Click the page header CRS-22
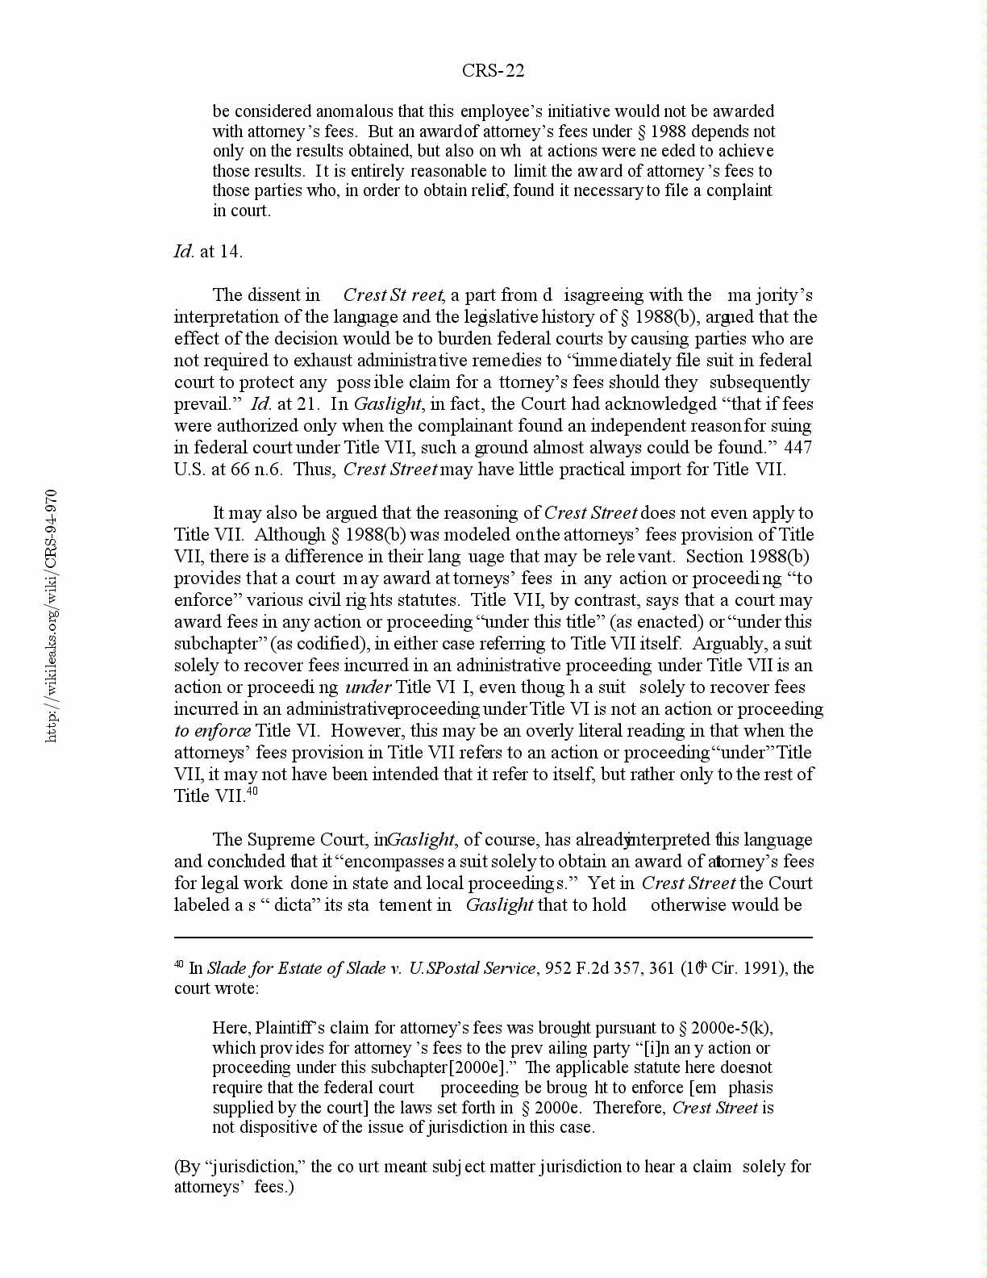coord(493,71)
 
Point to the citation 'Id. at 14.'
coord(208,252)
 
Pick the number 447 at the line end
coord(798,448)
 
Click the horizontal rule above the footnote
coord(493,938)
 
